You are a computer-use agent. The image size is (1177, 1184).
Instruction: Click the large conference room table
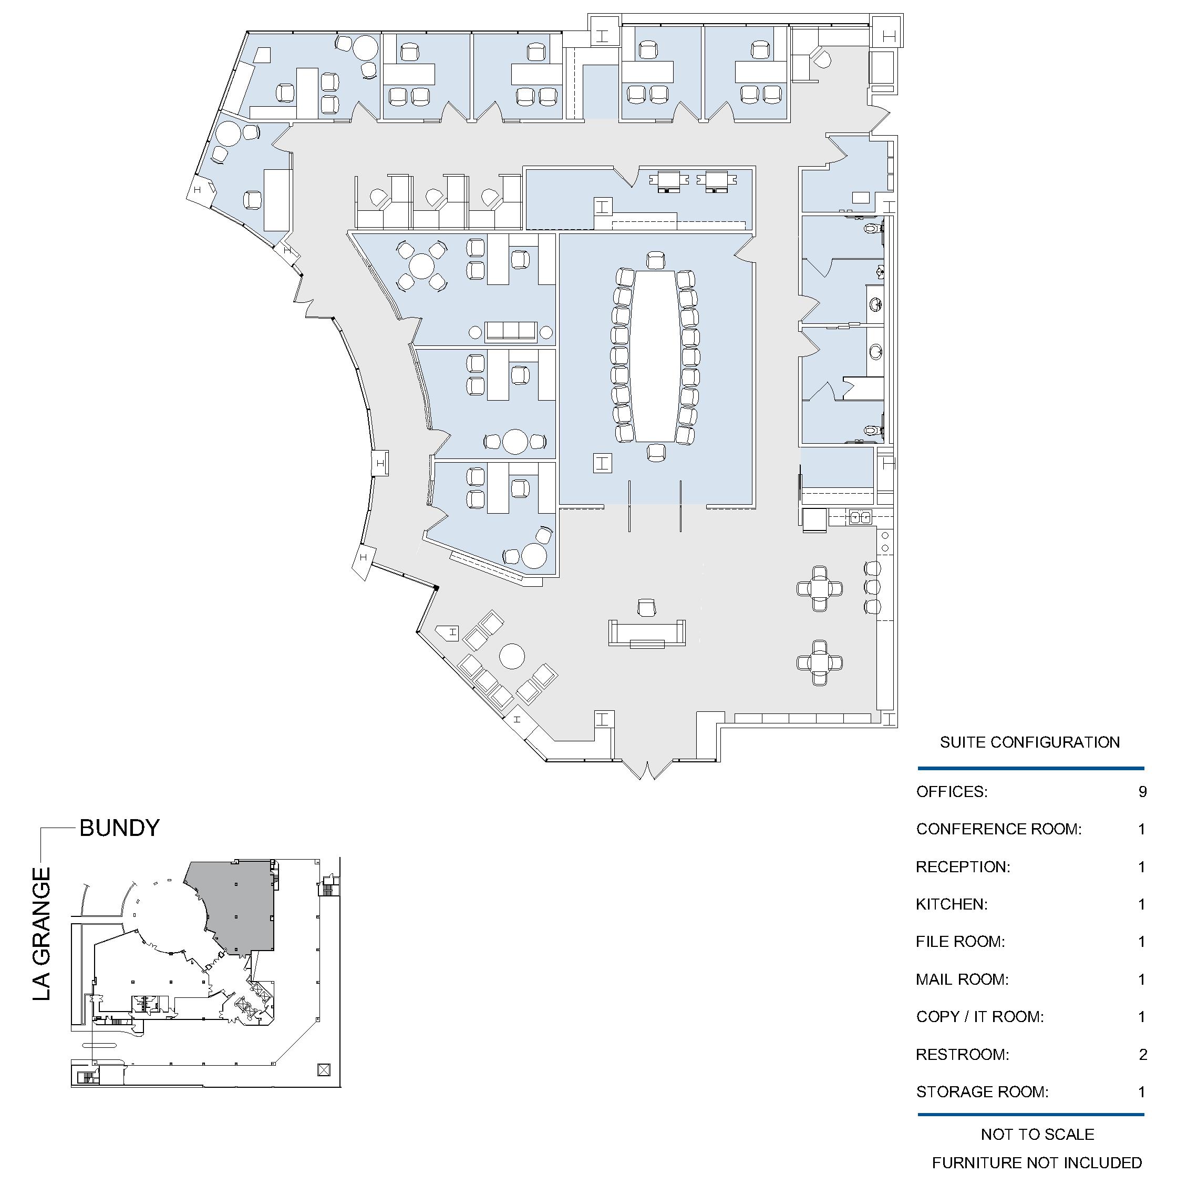tap(655, 355)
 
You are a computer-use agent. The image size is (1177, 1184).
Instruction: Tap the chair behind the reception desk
tap(647, 607)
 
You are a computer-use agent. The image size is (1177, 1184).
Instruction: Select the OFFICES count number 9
tap(1142, 792)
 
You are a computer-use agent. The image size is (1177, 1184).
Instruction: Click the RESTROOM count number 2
tap(1143, 1055)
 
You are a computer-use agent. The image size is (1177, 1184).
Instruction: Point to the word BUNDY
tap(119, 828)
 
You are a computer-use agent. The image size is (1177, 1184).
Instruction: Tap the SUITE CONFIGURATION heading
tap(1030, 742)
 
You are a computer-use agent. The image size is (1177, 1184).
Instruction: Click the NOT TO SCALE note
tap(1037, 1135)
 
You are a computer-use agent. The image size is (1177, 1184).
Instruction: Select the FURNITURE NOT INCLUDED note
tap(1037, 1162)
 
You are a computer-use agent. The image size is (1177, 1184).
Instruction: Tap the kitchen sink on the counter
tap(860, 518)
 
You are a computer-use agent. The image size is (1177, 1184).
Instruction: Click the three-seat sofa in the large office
tap(511, 332)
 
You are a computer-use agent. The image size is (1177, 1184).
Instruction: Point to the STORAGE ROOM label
tap(982, 1092)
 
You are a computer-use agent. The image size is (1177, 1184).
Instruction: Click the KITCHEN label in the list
tap(952, 904)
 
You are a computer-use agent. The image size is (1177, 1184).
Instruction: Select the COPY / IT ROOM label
tap(980, 1017)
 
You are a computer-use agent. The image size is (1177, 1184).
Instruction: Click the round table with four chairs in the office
tap(421, 266)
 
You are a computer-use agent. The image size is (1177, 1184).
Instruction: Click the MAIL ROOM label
tap(962, 979)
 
